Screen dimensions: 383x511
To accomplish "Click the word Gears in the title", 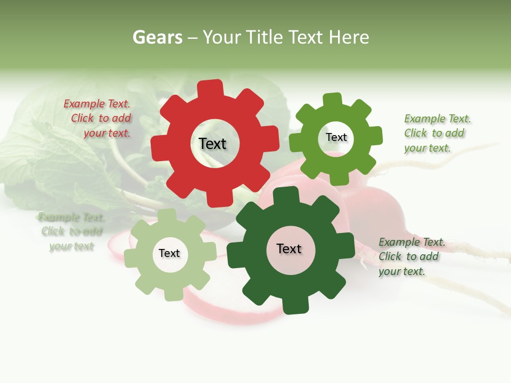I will (157, 38).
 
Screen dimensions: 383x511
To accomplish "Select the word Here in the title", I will (349, 38).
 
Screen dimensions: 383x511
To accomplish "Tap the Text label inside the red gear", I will (212, 144).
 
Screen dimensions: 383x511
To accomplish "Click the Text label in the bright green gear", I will (336, 138).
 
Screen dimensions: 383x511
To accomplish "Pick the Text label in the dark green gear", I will (289, 249).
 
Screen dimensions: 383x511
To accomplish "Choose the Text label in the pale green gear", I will (169, 254).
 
